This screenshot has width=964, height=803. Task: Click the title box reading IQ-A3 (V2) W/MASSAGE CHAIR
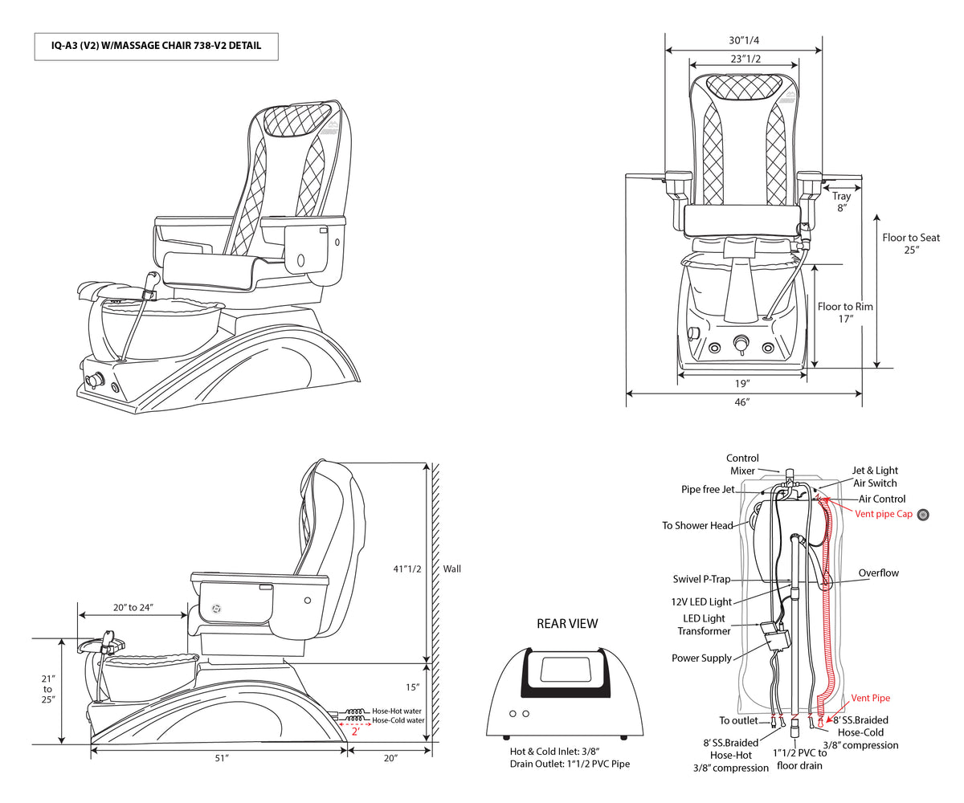[x=157, y=47]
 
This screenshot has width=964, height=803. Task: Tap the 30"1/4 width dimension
[x=744, y=40]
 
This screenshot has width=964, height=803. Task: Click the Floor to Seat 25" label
[x=911, y=243]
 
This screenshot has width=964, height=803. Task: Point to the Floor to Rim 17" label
[x=845, y=312]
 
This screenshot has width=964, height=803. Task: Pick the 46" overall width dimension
[x=743, y=401]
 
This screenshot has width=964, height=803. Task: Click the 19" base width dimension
[x=743, y=383]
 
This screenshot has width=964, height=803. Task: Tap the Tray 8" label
[x=841, y=202]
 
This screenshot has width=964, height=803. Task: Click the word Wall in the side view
[x=452, y=569]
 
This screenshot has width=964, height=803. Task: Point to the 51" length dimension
[x=222, y=758]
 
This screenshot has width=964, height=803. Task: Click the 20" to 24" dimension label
[x=133, y=607]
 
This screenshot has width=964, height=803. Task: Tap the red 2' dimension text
[x=355, y=732]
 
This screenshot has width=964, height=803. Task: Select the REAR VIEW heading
[x=567, y=623]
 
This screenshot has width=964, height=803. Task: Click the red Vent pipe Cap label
[x=884, y=514]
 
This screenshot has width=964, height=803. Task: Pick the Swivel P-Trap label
[x=701, y=579]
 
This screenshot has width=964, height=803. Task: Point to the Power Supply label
[x=701, y=658]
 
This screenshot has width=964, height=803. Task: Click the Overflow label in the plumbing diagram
[x=878, y=573]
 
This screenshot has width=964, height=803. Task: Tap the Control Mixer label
[x=742, y=464]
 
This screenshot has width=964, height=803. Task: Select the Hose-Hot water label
[x=398, y=711]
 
